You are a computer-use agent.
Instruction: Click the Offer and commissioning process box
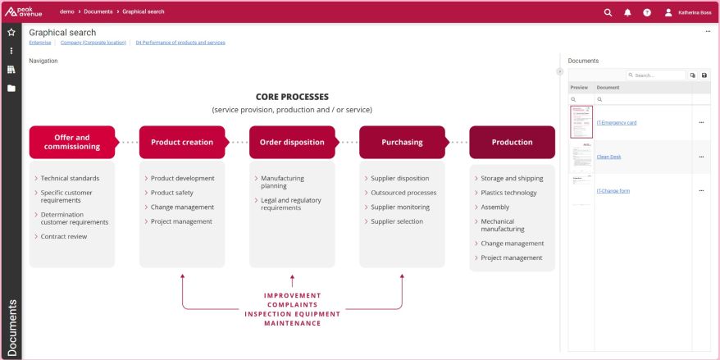71,142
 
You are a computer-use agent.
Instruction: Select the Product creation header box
181,142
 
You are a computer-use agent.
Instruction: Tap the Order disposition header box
291,142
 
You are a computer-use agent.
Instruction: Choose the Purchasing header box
402,142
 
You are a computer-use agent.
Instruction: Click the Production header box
512,142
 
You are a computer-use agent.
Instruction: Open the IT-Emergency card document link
616,122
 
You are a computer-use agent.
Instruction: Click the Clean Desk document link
608,157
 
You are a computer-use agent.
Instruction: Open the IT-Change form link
613,190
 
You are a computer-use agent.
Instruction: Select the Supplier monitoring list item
399,207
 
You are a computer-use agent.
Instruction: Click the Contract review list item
64,236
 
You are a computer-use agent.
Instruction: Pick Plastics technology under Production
508,193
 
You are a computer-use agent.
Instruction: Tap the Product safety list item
172,193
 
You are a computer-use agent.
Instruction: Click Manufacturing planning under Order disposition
282,181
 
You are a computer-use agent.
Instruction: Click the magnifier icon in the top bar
608,12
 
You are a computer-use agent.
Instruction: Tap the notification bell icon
627,12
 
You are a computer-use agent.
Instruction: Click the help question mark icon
647,12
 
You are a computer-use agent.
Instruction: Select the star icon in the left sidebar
11,32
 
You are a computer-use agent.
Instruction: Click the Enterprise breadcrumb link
39,42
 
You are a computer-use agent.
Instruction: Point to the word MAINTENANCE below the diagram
292,322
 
